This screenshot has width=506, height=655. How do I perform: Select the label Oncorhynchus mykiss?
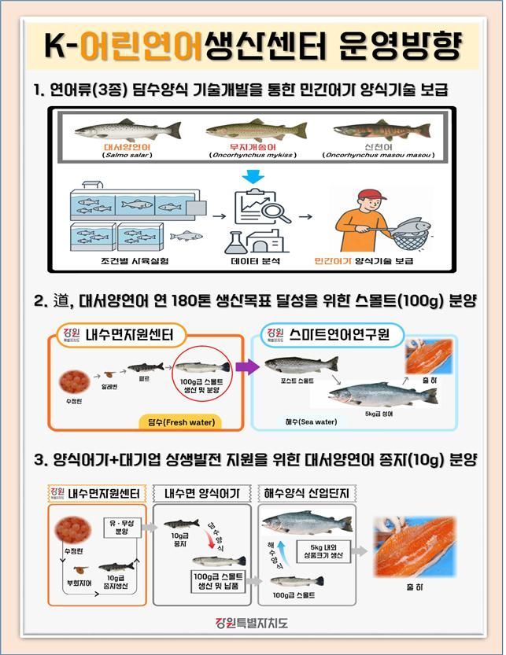tap(251, 155)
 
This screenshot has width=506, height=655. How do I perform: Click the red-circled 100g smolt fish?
tap(203, 367)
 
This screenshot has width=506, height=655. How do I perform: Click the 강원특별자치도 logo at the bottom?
tap(253, 624)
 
